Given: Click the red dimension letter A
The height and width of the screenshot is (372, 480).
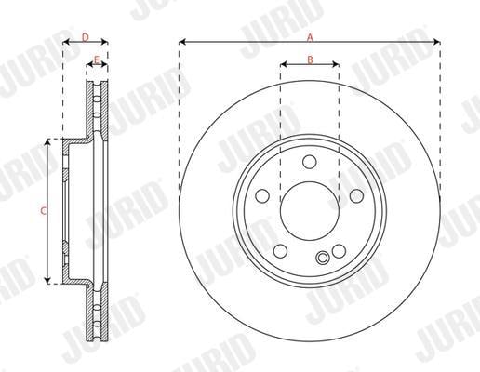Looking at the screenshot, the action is click(x=310, y=38).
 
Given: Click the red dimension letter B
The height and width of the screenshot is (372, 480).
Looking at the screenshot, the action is click(x=310, y=60).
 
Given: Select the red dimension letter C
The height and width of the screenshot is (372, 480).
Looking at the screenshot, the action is click(x=44, y=211).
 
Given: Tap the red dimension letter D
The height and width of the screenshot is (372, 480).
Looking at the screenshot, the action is click(x=86, y=38).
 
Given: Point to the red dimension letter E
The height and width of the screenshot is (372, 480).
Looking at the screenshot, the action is click(x=97, y=60).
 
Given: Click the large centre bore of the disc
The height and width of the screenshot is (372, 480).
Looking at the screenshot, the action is click(x=310, y=211).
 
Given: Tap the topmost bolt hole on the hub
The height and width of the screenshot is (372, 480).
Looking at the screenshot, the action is click(x=310, y=162).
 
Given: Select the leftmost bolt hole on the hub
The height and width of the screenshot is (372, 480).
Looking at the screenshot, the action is click(x=262, y=195).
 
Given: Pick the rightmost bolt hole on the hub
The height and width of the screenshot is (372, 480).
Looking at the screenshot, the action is click(x=356, y=195).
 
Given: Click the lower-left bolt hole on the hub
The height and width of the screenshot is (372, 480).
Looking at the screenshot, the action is click(x=281, y=251).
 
